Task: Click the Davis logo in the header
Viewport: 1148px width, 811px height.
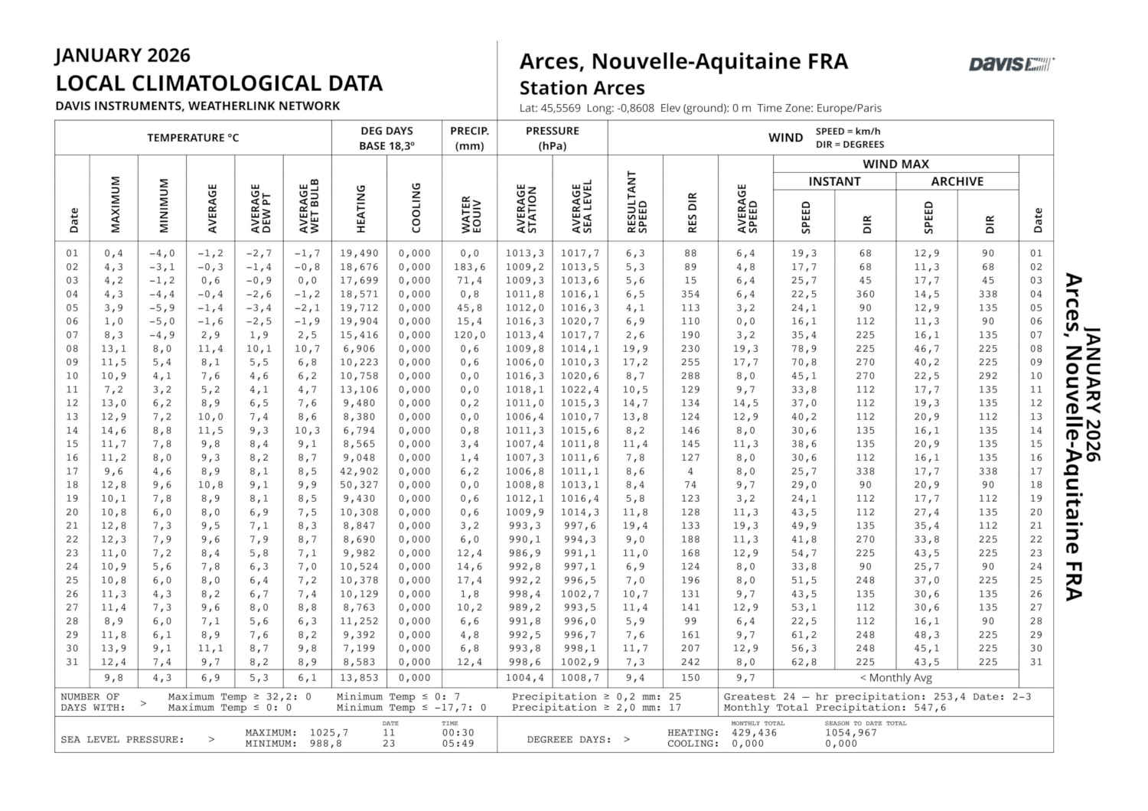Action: coord(1011,64)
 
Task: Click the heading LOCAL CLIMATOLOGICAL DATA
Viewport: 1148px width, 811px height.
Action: coord(219,83)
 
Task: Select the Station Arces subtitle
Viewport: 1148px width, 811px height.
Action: coord(582,88)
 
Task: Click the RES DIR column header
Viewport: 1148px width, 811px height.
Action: coord(691,213)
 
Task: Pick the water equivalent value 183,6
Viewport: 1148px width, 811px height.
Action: coord(470,267)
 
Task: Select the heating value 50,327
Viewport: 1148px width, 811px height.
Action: coord(359,485)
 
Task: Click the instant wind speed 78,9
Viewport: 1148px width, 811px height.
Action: coord(804,349)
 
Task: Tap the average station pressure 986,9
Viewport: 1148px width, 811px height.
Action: coord(524,553)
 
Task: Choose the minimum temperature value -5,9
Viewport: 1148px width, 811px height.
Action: coord(162,308)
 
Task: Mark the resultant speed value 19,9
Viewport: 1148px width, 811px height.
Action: coord(635,349)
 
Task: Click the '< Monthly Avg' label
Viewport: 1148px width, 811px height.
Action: coord(895,678)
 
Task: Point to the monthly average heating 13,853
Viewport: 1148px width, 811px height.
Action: coord(359,678)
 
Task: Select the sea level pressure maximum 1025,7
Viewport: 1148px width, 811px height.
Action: coord(329,733)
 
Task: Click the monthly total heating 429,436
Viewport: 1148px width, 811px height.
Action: coord(754,733)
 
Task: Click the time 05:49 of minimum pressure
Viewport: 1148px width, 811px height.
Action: coord(458,744)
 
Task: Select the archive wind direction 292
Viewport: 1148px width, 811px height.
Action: coord(988,376)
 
